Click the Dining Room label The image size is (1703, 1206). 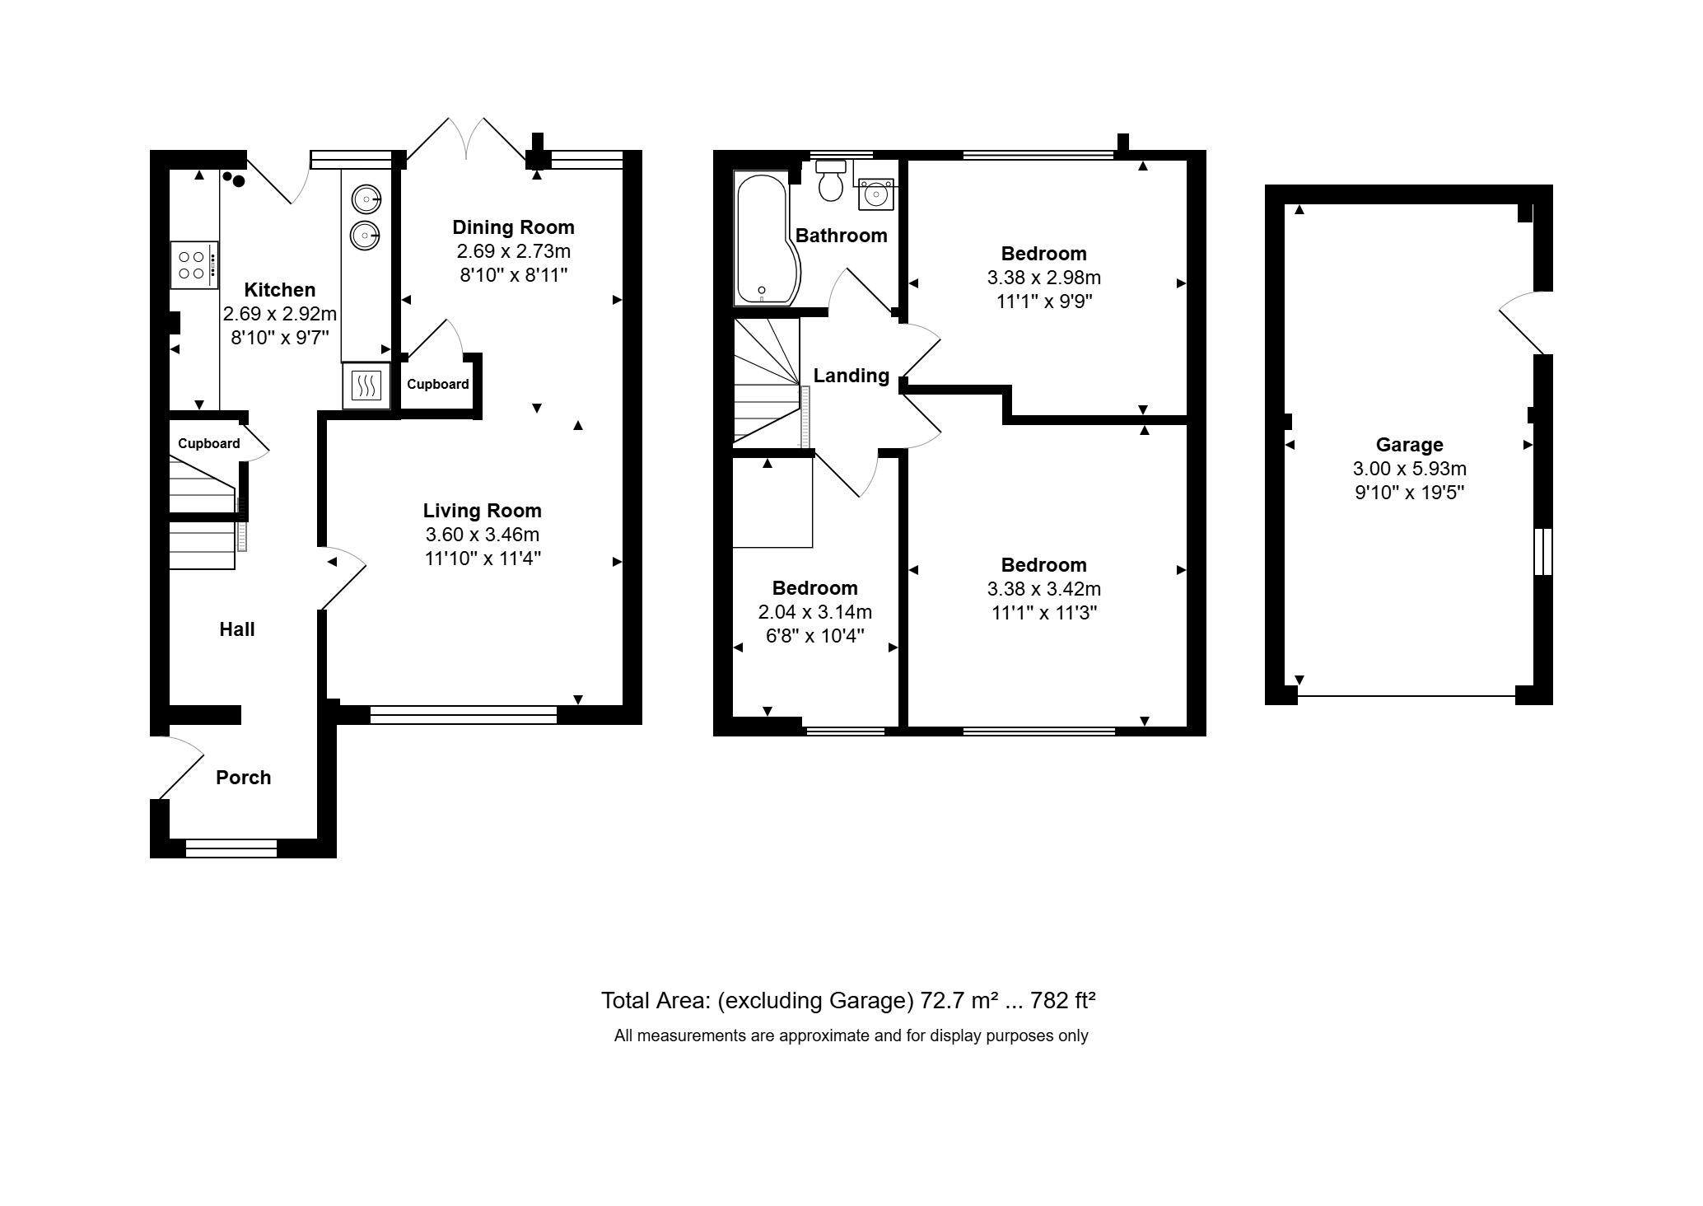tap(513, 227)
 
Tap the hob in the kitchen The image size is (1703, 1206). tap(194, 264)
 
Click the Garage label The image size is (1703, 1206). tap(1409, 445)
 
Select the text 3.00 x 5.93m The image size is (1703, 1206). tap(1409, 469)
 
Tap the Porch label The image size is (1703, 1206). tap(243, 778)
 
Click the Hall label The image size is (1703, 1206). tap(236, 629)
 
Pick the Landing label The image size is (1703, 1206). tap(851, 376)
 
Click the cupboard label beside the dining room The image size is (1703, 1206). tap(437, 384)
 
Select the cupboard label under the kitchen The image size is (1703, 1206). tap(208, 443)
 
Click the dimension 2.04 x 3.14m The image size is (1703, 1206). tap(814, 612)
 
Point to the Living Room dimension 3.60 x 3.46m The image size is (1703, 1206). tap(482, 535)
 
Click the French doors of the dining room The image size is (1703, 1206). tap(467, 140)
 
